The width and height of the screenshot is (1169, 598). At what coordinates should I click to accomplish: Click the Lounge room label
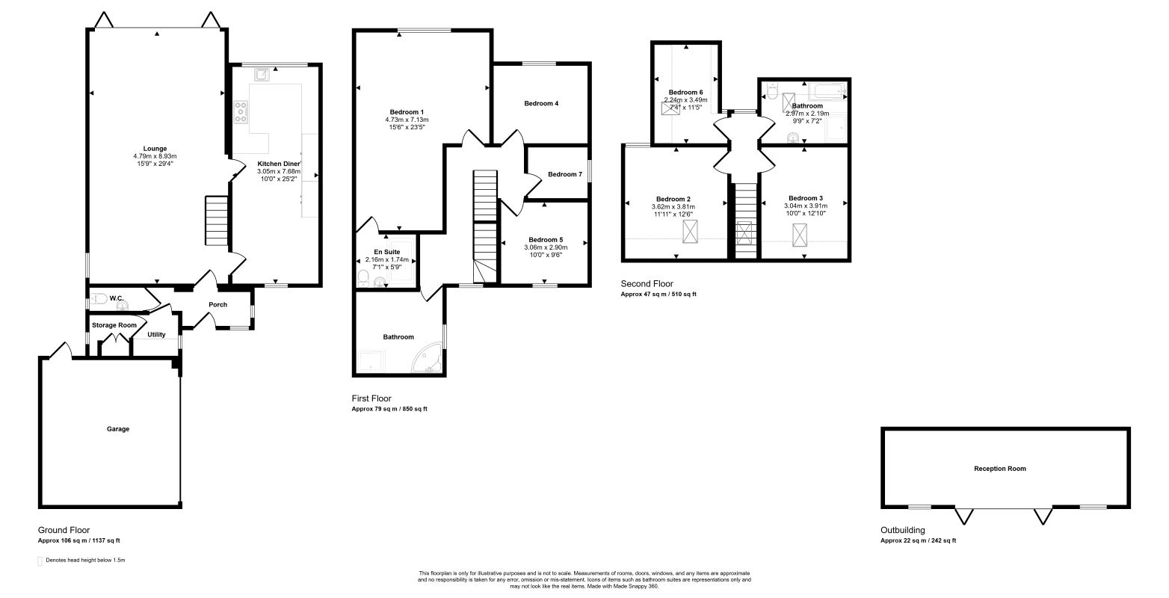point(155,149)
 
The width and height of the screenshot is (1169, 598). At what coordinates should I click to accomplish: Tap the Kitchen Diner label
point(279,164)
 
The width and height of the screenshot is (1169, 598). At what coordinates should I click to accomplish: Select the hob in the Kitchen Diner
point(241,112)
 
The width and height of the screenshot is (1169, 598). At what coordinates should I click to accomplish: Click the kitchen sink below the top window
point(262,75)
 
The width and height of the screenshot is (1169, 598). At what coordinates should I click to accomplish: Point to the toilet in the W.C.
point(98,299)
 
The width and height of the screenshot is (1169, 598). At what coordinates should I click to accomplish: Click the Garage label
point(118,429)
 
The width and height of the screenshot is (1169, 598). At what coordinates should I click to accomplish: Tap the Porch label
point(218,305)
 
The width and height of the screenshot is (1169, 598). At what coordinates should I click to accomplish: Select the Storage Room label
point(114,325)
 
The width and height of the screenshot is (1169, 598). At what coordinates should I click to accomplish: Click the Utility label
point(156,334)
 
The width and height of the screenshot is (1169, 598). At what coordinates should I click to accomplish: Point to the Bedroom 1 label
point(407,112)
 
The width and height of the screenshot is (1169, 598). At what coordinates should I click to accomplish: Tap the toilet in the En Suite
point(364,278)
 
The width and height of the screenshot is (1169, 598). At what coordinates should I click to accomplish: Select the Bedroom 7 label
point(564,174)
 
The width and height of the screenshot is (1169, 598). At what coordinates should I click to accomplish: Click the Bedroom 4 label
point(541,103)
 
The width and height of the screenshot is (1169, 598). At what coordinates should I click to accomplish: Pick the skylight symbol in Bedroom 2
point(690,231)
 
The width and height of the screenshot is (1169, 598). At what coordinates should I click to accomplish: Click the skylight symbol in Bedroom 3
point(800,235)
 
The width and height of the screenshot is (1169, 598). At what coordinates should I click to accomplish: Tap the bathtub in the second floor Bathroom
point(827,91)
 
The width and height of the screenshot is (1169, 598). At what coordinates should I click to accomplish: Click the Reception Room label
point(1000,469)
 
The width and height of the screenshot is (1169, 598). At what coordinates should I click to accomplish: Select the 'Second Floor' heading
point(647,284)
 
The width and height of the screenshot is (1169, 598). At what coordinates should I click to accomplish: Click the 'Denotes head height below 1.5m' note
point(86,561)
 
